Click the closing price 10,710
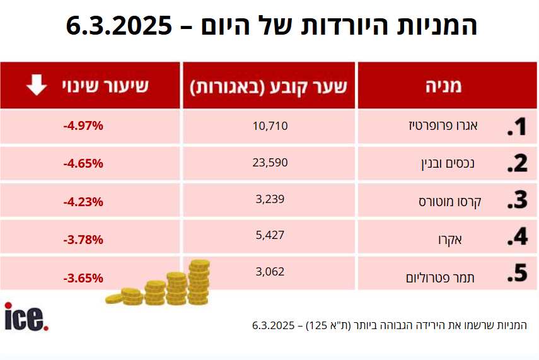pos(269,126)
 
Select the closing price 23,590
pos(269,163)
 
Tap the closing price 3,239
pos(269,199)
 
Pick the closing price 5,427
pos(269,235)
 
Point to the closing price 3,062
pos(269,272)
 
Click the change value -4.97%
pos(83,126)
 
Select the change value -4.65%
pos(83,163)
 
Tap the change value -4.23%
pos(83,202)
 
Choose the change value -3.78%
pos(83,240)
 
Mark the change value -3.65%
pos(83,277)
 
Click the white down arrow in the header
pos(37,84)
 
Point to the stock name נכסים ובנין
pos(447,164)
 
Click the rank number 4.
pos(517,236)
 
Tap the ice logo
pos(26,316)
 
